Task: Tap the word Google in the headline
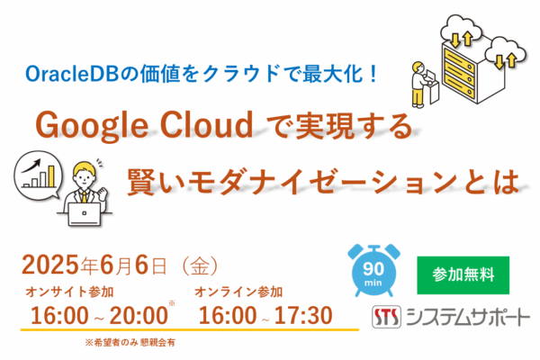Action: [x=92, y=125]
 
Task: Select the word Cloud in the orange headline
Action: [x=207, y=124]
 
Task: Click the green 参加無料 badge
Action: [x=463, y=275]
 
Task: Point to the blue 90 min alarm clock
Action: [x=373, y=270]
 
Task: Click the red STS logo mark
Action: [x=386, y=317]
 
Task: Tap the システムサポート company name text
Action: [x=467, y=317]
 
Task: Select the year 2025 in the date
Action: [x=51, y=265]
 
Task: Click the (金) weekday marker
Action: [x=200, y=266]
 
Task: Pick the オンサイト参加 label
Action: [x=69, y=292]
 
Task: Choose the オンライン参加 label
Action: [x=238, y=292]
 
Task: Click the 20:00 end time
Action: [x=139, y=316]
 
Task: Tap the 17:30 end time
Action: [x=303, y=316]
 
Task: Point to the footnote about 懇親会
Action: [x=130, y=342]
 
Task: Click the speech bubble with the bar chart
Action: [x=38, y=175]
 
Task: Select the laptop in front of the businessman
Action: [x=85, y=214]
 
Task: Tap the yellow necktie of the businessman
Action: [x=84, y=196]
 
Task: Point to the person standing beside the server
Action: [x=419, y=85]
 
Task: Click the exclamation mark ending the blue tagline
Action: [x=373, y=74]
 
